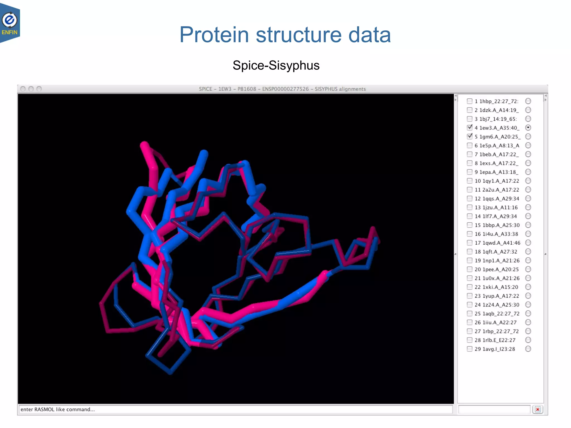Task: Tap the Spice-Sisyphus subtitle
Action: click(x=276, y=65)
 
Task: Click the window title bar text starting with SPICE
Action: click(x=282, y=89)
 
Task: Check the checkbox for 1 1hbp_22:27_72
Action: click(x=470, y=101)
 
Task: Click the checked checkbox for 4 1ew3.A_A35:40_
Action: click(x=470, y=128)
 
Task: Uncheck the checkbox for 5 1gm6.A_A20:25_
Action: click(x=470, y=137)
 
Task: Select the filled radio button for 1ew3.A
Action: click(x=528, y=128)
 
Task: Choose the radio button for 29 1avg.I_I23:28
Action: click(x=528, y=349)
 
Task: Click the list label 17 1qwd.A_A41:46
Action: click(x=497, y=243)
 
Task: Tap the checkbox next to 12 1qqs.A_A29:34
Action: click(x=470, y=198)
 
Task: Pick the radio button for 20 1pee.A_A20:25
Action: click(x=528, y=269)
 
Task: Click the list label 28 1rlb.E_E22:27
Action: click(x=495, y=340)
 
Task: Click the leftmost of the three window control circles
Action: click(x=23, y=89)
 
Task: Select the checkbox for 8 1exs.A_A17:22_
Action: click(x=470, y=163)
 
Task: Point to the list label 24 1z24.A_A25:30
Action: click(x=497, y=305)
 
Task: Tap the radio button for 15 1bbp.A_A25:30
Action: click(x=528, y=225)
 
